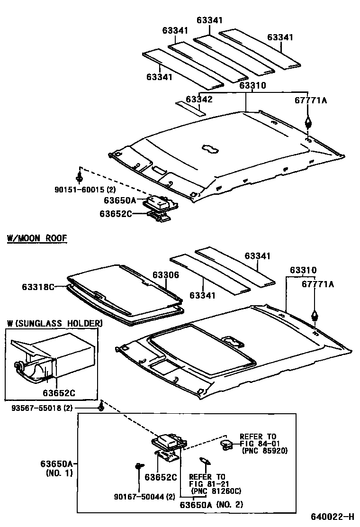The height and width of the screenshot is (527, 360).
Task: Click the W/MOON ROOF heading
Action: pos(37,238)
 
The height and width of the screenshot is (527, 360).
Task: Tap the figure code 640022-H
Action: pos(332,516)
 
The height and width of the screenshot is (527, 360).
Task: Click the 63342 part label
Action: pos(199,99)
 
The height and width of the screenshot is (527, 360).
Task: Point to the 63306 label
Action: pos(166,275)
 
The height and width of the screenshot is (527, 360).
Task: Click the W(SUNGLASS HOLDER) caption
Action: pos(54,323)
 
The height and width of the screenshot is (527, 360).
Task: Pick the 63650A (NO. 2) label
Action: pos(211,505)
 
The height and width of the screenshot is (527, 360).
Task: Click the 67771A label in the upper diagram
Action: pos(311,100)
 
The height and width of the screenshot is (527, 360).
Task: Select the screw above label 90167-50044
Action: pos(138,466)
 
